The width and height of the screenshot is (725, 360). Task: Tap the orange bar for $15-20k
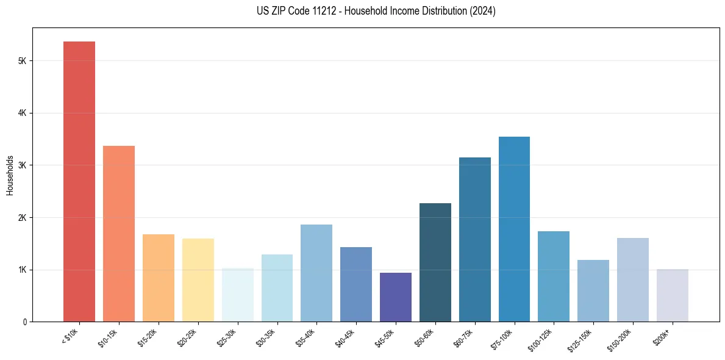pos(159,278)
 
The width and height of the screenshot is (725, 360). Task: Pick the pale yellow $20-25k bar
pos(198,280)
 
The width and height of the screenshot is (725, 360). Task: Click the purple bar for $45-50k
pos(396,297)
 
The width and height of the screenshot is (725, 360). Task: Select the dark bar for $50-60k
pos(435,262)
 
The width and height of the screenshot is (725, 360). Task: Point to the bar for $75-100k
pos(514,229)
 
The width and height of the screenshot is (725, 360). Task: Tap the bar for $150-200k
pos(633,280)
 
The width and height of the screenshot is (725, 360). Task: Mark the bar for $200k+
pos(673,295)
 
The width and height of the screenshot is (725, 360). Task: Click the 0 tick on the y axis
pos(24,322)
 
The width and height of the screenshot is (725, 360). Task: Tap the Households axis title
pos(10,175)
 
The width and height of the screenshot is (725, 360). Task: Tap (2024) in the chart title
pos(482,11)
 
